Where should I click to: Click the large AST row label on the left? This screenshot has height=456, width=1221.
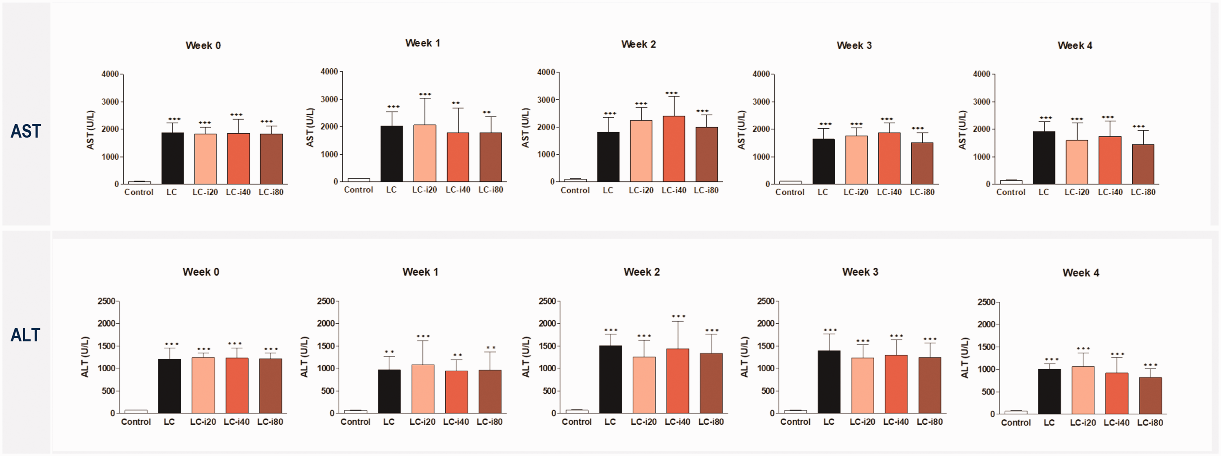click(x=26, y=131)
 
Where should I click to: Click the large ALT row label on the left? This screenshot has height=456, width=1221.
click(x=26, y=335)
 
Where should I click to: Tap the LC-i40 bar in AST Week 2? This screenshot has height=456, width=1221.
click(x=674, y=149)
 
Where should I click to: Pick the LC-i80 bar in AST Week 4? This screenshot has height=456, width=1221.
click(x=1143, y=164)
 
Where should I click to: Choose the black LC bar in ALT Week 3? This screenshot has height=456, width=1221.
click(x=829, y=381)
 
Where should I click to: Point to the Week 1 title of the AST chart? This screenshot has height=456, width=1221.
click(x=422, y=43)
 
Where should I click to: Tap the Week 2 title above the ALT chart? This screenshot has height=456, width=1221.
click(x=641, y=272)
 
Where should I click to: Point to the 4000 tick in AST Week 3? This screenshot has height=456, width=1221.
click(x=761, y=74)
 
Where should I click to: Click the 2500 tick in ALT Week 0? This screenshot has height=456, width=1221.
click(x=106, y=301)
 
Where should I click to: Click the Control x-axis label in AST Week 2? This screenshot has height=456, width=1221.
click(x=575, y=190)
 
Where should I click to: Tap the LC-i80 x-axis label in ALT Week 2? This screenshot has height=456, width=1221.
click(x=711, y=422)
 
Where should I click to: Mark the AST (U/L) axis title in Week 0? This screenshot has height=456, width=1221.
click(x=90, y=130)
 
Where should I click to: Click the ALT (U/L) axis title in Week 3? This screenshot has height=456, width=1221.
click(x=744, y=357)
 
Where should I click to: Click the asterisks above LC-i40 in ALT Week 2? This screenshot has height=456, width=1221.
click(x=678, y=316)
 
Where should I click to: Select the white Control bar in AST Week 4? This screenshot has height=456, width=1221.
click(x=1011, y=182)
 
